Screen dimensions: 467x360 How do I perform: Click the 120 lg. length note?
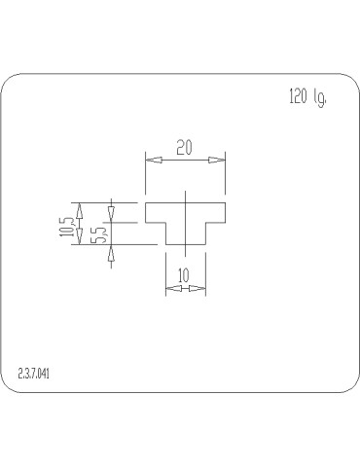coord(306,97)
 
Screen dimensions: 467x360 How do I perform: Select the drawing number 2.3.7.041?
coord(34,373)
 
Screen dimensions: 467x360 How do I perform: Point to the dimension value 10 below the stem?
coord(184,276)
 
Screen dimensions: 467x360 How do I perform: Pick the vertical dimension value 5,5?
coord(97,234)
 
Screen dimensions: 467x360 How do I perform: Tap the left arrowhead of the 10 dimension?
coord(171,288)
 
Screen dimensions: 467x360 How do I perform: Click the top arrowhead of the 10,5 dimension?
coord(81,208)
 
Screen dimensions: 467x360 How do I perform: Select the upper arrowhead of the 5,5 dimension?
coord(112,211)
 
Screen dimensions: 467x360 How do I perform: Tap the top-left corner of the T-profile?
coord(146,202)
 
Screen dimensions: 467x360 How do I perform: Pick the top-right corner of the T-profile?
coord(225,202)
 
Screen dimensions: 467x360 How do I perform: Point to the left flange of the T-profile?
coord(156,212)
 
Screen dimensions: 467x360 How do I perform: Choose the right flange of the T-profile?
coord(215,212)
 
